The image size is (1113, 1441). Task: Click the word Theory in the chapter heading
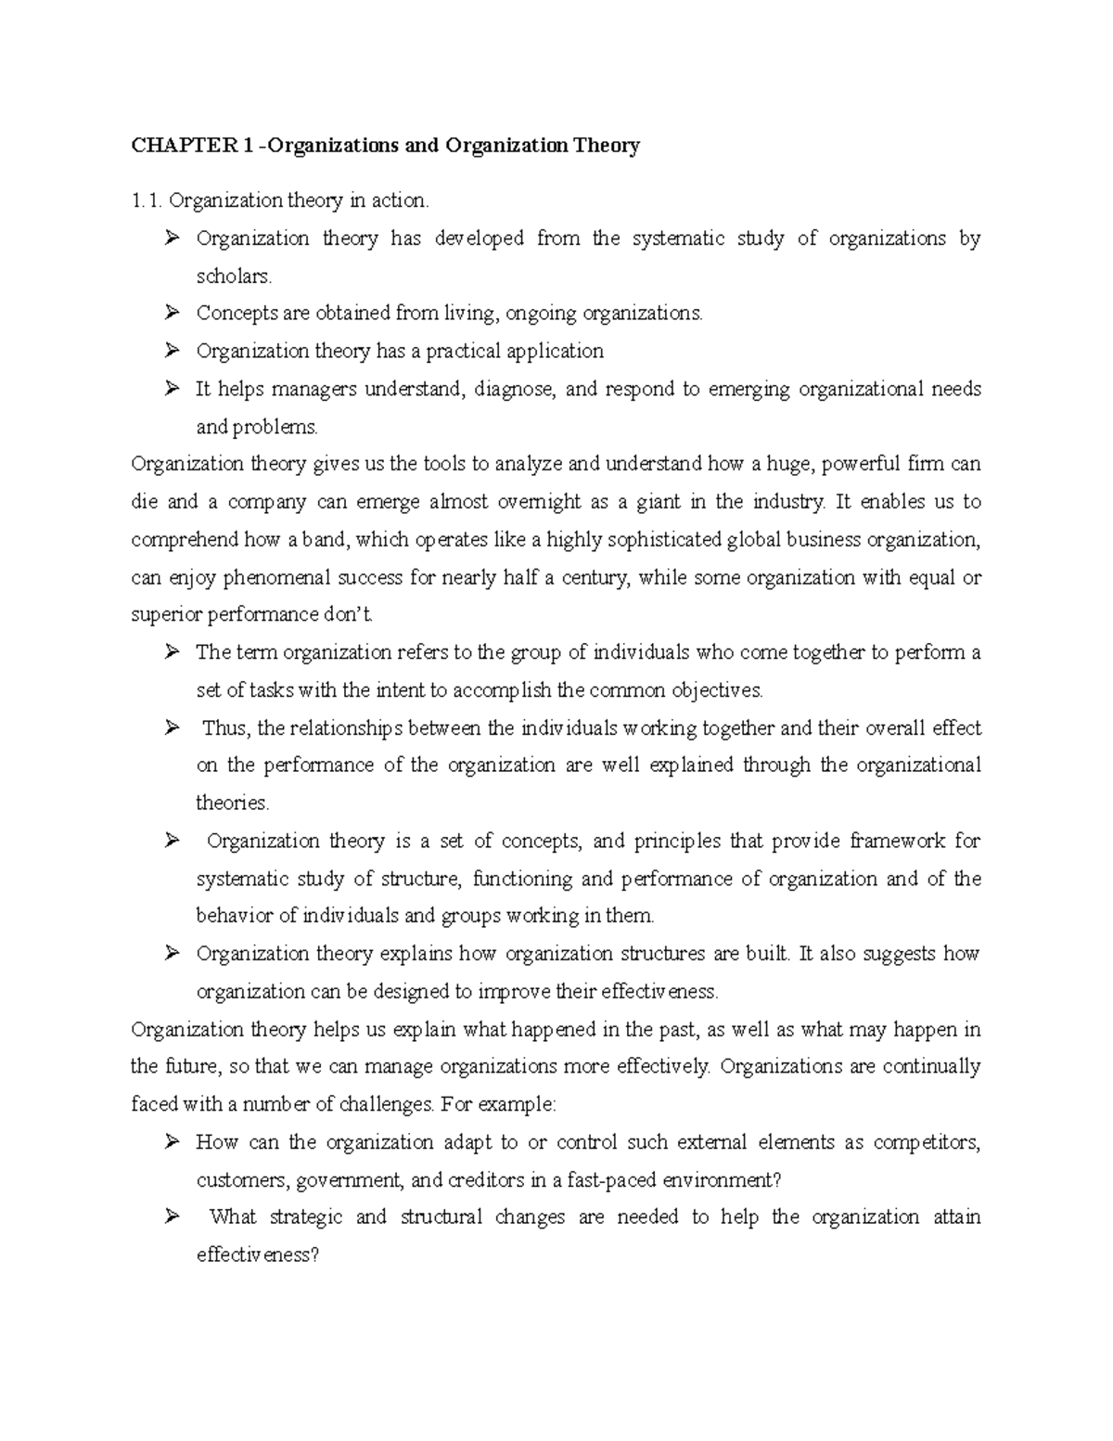tap(607, 146)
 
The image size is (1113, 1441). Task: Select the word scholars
tap(235, 277)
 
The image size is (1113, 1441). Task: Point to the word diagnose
tap(514, 390)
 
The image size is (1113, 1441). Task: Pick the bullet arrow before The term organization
tap(171, 652)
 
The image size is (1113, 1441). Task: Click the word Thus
tap(225, 728)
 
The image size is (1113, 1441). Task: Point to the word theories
tap(232, 804)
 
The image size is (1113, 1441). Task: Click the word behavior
tap(235, 917)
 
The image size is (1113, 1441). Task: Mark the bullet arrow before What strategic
tap(171, 1216)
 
